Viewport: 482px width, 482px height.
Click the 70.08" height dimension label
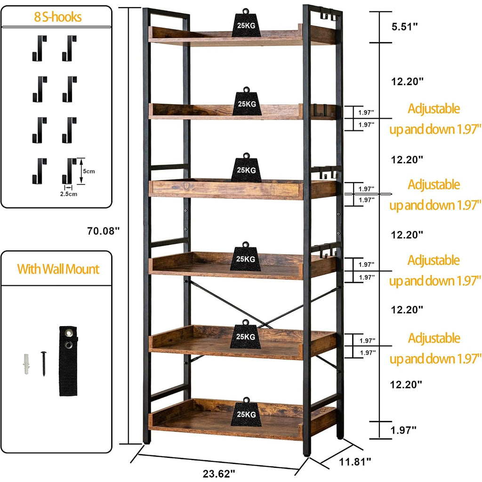(103, 231)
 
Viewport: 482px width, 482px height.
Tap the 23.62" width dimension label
(219, 474)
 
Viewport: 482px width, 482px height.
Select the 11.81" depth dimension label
(355, 461)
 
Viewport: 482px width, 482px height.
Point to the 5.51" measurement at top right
(405, 27)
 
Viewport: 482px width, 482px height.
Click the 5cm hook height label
(89, 171)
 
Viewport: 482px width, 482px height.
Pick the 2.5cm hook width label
(69, 194)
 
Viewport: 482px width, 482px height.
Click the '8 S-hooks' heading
(58, 17)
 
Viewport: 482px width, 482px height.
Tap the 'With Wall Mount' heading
(58, 269)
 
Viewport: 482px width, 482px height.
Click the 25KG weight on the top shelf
(246, 23)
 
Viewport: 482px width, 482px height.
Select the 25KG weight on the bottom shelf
(246, 412)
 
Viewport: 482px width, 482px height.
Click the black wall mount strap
(68, 361)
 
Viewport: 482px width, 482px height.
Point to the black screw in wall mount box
(43, 364)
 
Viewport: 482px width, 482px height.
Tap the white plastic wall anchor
(27, 364)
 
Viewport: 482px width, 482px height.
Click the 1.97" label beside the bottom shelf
(403, 430)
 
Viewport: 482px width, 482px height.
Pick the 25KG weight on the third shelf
(246, 168)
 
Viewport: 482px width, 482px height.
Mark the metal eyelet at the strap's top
(68, 332)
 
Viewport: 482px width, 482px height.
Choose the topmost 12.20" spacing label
(407, 81)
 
